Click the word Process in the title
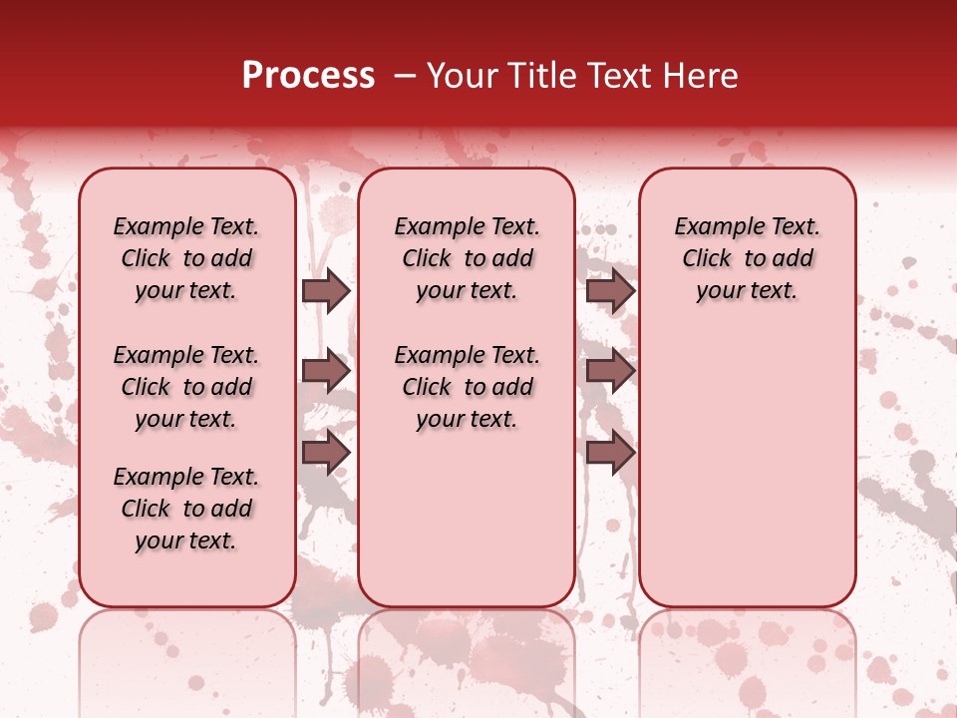(x=308, y=76)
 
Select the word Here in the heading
(x=702, y=76)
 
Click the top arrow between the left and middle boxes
(x=326, y=290)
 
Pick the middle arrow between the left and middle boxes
(x=326, y=372)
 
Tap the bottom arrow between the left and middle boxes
(x=326, y=452)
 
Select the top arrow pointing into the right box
(x=610, y=290)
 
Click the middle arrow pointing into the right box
(x=610, y=372)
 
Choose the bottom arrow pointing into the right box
(x=610, y=452)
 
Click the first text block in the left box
(x=186, y=258)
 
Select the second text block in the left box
(x=186, y=387)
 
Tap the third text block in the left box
(x=186, y=509)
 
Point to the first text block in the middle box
(x=467, y=258)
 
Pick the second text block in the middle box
(x=467, y=387)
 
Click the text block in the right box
(x=747, y=258)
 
